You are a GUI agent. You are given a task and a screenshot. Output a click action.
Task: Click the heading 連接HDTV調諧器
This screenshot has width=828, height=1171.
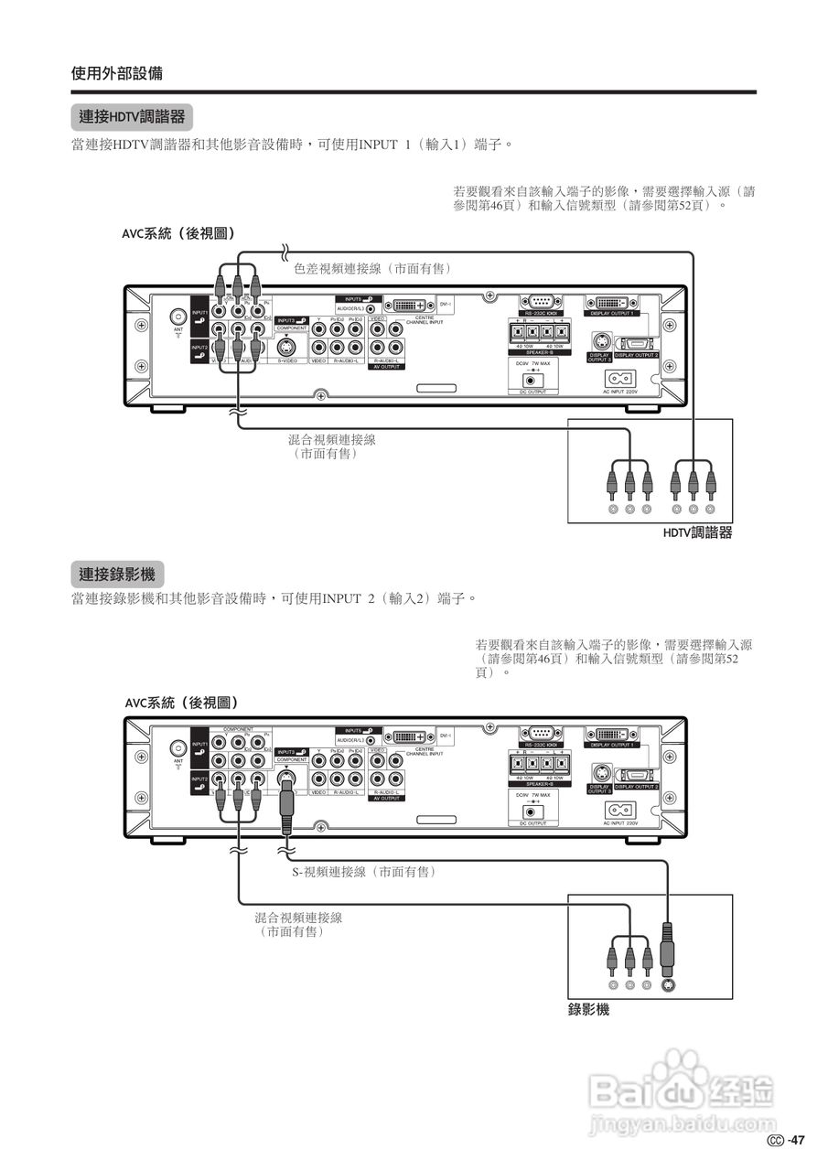pyautogui.click(x=131, y=117)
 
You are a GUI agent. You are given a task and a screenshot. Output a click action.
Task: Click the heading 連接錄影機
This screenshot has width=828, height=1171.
pyautogui.click(x=116, y=575)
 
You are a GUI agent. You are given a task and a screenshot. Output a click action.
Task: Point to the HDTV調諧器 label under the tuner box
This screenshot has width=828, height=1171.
pyautogui.click(x=697, y=533)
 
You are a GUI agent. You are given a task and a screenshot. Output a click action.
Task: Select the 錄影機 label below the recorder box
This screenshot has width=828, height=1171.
pyautogui.click(x=588, y=1010)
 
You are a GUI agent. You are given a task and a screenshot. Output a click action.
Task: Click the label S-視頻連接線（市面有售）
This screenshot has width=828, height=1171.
pyautogui.click(x=358, y=873)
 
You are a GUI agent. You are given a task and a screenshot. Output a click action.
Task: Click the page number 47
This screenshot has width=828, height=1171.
pyautogui.click(x=797, y=1140)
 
